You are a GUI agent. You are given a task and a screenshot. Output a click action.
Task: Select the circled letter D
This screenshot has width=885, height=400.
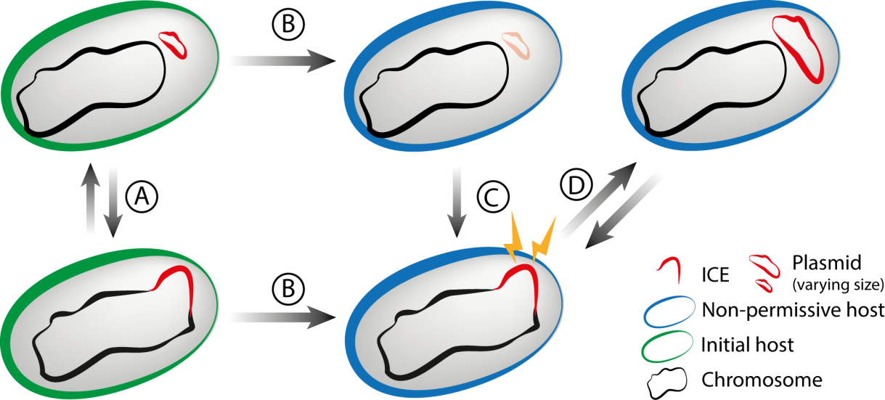pos(576,187)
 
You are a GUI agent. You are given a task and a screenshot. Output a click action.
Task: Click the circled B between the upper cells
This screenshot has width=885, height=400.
pos(287,25)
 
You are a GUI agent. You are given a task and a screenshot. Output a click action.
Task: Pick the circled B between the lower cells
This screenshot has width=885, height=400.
pos(287,289)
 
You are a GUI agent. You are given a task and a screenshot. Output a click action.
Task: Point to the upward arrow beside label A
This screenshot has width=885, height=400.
pos(91,200)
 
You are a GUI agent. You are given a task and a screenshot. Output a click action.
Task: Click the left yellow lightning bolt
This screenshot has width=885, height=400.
pos(517,237)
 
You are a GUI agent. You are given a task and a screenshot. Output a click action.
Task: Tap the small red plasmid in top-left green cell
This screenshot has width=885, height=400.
pos(174,44)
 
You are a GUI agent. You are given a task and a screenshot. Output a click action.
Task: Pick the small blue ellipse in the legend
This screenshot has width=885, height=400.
pos(669,311)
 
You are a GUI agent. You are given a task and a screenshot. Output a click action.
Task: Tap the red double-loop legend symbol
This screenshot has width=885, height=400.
pos(765,270)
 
